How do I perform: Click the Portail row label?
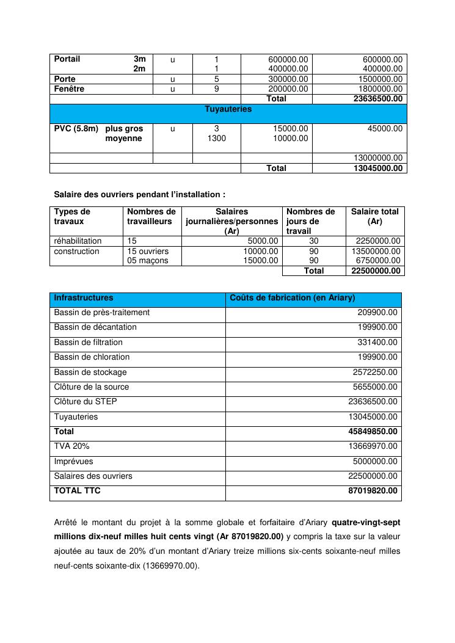coord(67,59)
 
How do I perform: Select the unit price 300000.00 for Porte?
coord(288,79)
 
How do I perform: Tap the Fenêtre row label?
coord(69,89)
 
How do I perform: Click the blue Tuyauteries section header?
coord(228,109)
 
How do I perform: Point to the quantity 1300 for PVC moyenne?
coord(216,139)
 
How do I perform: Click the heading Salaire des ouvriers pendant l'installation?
coord(139,195)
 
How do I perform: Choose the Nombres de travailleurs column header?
coord(151,217)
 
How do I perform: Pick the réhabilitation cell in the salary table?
coord(78,241)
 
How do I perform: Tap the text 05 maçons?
coord(147,261)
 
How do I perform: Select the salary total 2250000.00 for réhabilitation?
coord(379,241)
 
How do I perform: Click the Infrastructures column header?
coord(84,298)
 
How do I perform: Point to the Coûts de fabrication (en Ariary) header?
coord(292,298)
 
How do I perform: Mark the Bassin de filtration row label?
coord(88,343)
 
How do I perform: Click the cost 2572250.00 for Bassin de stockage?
coord(375,372)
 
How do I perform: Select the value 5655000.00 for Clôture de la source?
coord(375,387)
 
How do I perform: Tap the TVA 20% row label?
coord(71,447)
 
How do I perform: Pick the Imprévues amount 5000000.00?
coord(375,462)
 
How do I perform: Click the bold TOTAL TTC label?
coord(77,491)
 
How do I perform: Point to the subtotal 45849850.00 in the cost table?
coord(373,432)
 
